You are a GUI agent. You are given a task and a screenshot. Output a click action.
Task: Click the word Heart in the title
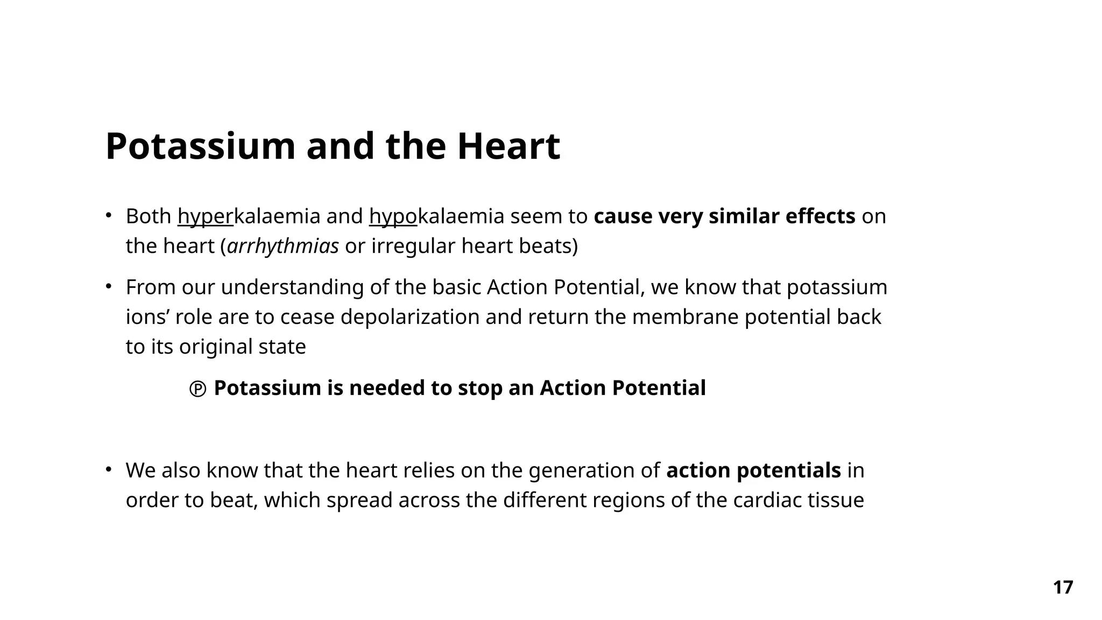click(508, 146)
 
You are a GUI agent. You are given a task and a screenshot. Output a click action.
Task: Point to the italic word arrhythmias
click(283, 246)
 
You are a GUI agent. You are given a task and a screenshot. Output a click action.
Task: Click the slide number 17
click(1063, 587)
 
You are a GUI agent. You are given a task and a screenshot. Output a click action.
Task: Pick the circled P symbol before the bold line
click(197, 389)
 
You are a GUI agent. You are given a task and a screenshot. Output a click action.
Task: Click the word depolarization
click(409, 317)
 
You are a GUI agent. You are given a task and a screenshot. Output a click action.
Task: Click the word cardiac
click(767, 500)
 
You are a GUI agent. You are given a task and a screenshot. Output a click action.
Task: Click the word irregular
click(413, 246)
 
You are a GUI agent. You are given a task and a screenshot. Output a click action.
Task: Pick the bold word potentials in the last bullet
click(788, 470)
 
